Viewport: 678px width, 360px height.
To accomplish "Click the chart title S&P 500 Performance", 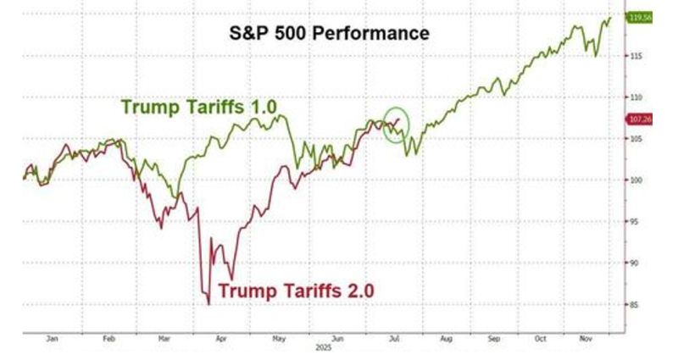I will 331,33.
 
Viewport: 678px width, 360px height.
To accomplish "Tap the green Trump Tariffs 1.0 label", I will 199,108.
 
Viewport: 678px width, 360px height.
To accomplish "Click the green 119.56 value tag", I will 639,17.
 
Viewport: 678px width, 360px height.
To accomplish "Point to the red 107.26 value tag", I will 639,119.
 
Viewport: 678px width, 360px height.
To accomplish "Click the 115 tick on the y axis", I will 635,56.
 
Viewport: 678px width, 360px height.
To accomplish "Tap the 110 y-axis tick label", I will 635,97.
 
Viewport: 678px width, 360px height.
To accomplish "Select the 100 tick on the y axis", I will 635,180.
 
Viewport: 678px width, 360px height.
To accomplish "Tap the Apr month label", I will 221,336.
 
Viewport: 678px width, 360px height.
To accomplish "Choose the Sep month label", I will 495,336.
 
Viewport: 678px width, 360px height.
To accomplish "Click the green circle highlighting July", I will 396,125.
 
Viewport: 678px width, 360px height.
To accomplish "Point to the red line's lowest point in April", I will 208,302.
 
